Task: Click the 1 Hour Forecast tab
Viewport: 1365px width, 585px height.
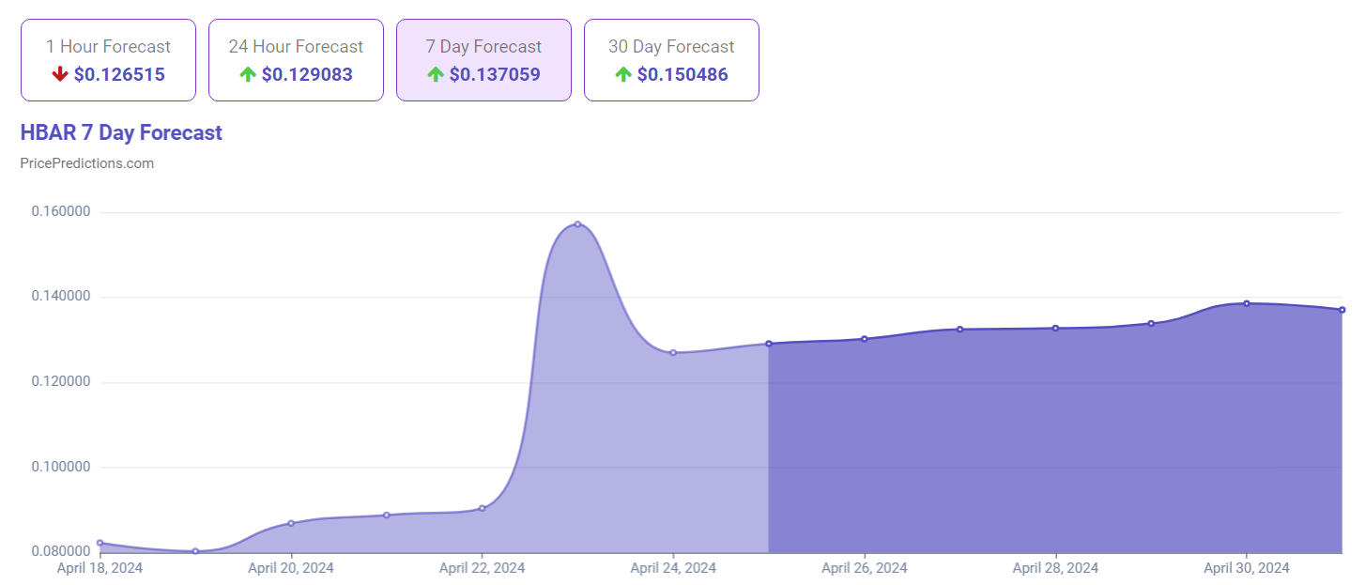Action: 108,59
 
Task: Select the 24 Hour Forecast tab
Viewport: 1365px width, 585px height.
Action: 296,59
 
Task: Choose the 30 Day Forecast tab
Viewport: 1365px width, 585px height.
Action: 671,59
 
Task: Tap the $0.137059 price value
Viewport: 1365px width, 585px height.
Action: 495,74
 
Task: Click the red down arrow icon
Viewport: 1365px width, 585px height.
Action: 60,74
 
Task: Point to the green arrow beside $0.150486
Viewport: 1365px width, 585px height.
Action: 623,74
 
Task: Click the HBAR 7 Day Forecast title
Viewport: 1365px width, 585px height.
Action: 121,132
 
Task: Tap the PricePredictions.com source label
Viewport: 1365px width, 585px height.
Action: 87,163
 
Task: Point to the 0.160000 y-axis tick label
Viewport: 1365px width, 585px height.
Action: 61,212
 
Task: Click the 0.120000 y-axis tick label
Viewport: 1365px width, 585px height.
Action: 61,382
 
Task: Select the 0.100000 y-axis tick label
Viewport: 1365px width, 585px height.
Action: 61,468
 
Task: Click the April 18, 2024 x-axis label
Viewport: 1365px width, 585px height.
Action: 100,568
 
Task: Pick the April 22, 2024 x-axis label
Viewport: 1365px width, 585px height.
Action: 482,568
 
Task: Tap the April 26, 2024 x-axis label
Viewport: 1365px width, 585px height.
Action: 864,568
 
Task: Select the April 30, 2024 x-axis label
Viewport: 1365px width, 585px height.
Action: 1246,568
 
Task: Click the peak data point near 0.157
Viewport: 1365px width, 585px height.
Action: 577,224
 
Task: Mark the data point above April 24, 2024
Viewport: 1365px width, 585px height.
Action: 673,353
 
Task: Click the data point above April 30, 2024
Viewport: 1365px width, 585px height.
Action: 1246,303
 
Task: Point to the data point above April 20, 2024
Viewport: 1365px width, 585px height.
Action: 291,523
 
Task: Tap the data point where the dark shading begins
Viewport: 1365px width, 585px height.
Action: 769,344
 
